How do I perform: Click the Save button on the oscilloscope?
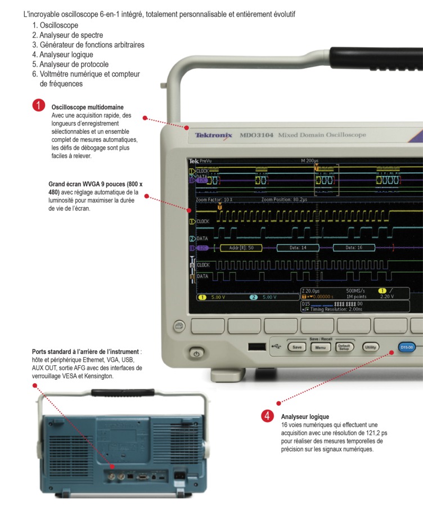point(297,347)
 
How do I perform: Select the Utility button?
point(371,347)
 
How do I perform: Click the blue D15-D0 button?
point(407,347)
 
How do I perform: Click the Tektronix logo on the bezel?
point(213,135)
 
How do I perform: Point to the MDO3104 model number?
point(256,135)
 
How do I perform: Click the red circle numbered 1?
point(38,105)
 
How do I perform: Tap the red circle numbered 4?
point(267,416)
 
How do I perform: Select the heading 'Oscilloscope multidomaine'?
point(87,107)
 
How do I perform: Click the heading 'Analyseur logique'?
point(305,417)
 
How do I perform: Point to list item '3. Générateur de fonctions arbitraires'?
point(88,44)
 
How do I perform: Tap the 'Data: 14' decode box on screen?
point(298,248)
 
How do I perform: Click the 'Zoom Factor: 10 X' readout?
point(214,200)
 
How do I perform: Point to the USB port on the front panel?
point(256,347)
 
